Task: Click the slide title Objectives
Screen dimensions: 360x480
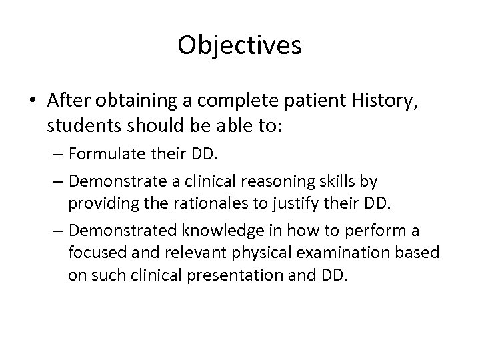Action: pos(240,46)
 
